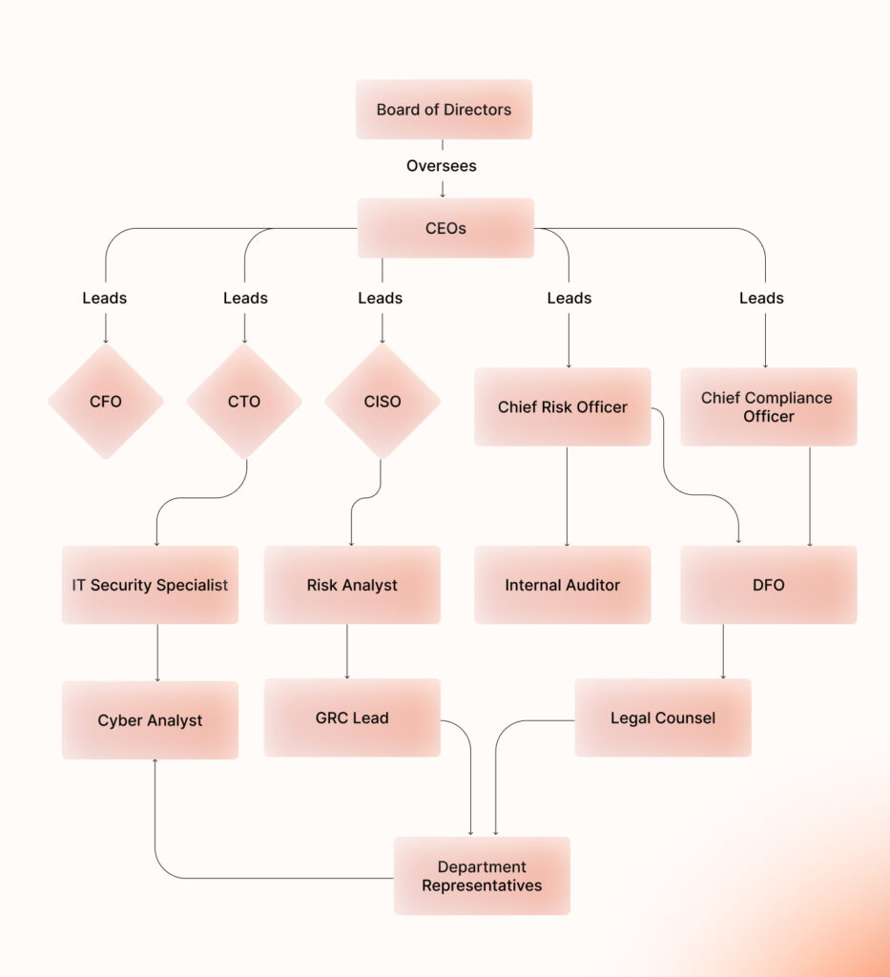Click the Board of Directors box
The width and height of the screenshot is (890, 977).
[x=444, y=110]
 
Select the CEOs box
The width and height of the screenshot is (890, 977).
[x=445, y=228]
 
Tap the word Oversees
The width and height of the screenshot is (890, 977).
[x=442, y=166]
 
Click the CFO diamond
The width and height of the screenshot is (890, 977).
[x=106, y=402]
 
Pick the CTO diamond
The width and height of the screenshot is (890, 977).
[x=244, y=402]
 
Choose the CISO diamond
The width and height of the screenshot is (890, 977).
[x=383, y=402]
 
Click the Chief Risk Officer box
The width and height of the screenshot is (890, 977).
[x=563, y=407]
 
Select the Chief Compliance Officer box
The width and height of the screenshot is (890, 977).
[x=768, y=407]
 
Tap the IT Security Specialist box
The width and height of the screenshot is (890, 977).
[x=150, y=585]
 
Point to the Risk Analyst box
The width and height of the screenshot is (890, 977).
[x=352, y=585]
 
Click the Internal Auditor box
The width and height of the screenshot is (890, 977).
[x=563, y=585]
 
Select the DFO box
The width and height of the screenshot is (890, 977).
[x=768, y=585]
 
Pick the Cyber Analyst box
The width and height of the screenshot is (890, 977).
[x=150, y=720]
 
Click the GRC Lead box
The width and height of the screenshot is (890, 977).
[x=352, y=717]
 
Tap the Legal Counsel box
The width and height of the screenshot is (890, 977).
[x=663, y=717]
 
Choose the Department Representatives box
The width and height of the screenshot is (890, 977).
[x=482, y=876]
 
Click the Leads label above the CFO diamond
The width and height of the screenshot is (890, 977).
[x=105, y=298]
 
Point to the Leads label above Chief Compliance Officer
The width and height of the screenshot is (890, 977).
[x=761, y=298]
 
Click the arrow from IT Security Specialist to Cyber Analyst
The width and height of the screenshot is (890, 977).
[x=157, y=653]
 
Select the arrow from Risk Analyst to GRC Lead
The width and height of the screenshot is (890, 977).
[x=346, y=652]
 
